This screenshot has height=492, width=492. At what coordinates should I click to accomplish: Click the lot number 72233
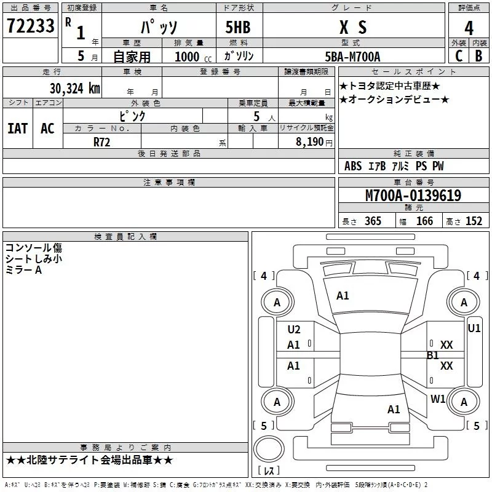pyautogui.click(x=30, y=26)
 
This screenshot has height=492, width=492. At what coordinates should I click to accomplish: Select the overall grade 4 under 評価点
pyautogui.click(x=469, y=28)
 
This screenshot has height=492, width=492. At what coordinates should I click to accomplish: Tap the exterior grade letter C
pyautogui.click(x=459, y=56)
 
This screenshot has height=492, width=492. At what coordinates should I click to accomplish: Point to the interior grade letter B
pyautogui.click(x=478, y=56)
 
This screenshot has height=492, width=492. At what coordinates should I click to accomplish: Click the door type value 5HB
pyautogui.click(x=238, y=27)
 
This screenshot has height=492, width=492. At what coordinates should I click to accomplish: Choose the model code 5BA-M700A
pyautogui.click(x=352, y=57)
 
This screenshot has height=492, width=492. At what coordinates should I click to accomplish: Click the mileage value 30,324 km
pyautogui.click(x=74, y=89)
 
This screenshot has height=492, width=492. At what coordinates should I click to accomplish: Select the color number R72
pyautogui.click(x=101, y=142)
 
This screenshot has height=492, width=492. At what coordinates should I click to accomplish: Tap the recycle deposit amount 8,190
pyautogui.click(x=310, y=142)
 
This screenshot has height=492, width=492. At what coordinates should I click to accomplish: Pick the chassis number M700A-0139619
pyautogui.click(x=413, y=196)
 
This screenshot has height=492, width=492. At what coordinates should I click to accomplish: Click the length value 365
pyautogui.click(x=373, y=221)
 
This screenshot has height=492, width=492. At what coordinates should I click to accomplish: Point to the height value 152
pyautogui.click(x=474, y=221)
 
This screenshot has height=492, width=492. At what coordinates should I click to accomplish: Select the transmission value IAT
pyautogui.click(x=18, y=129)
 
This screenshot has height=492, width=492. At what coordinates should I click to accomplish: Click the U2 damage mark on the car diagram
pyautogui.click(x=294, y=330)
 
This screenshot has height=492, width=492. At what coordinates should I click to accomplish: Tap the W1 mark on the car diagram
pyautogui.click(x=438, y=399)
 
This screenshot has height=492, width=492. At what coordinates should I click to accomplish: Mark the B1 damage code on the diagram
pyautogui.click(x=433, y=355)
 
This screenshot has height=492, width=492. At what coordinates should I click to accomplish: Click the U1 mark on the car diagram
pyautogui.click(x=474, y=328)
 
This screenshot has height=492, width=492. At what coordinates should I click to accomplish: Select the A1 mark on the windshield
pyautogui.click(x=343, y=296)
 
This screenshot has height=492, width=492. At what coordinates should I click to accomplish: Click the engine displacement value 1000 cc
pyautogui.click(x=193, y=57)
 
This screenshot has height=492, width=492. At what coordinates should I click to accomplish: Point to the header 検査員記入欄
pyautogui.click(x=125, y=237)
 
